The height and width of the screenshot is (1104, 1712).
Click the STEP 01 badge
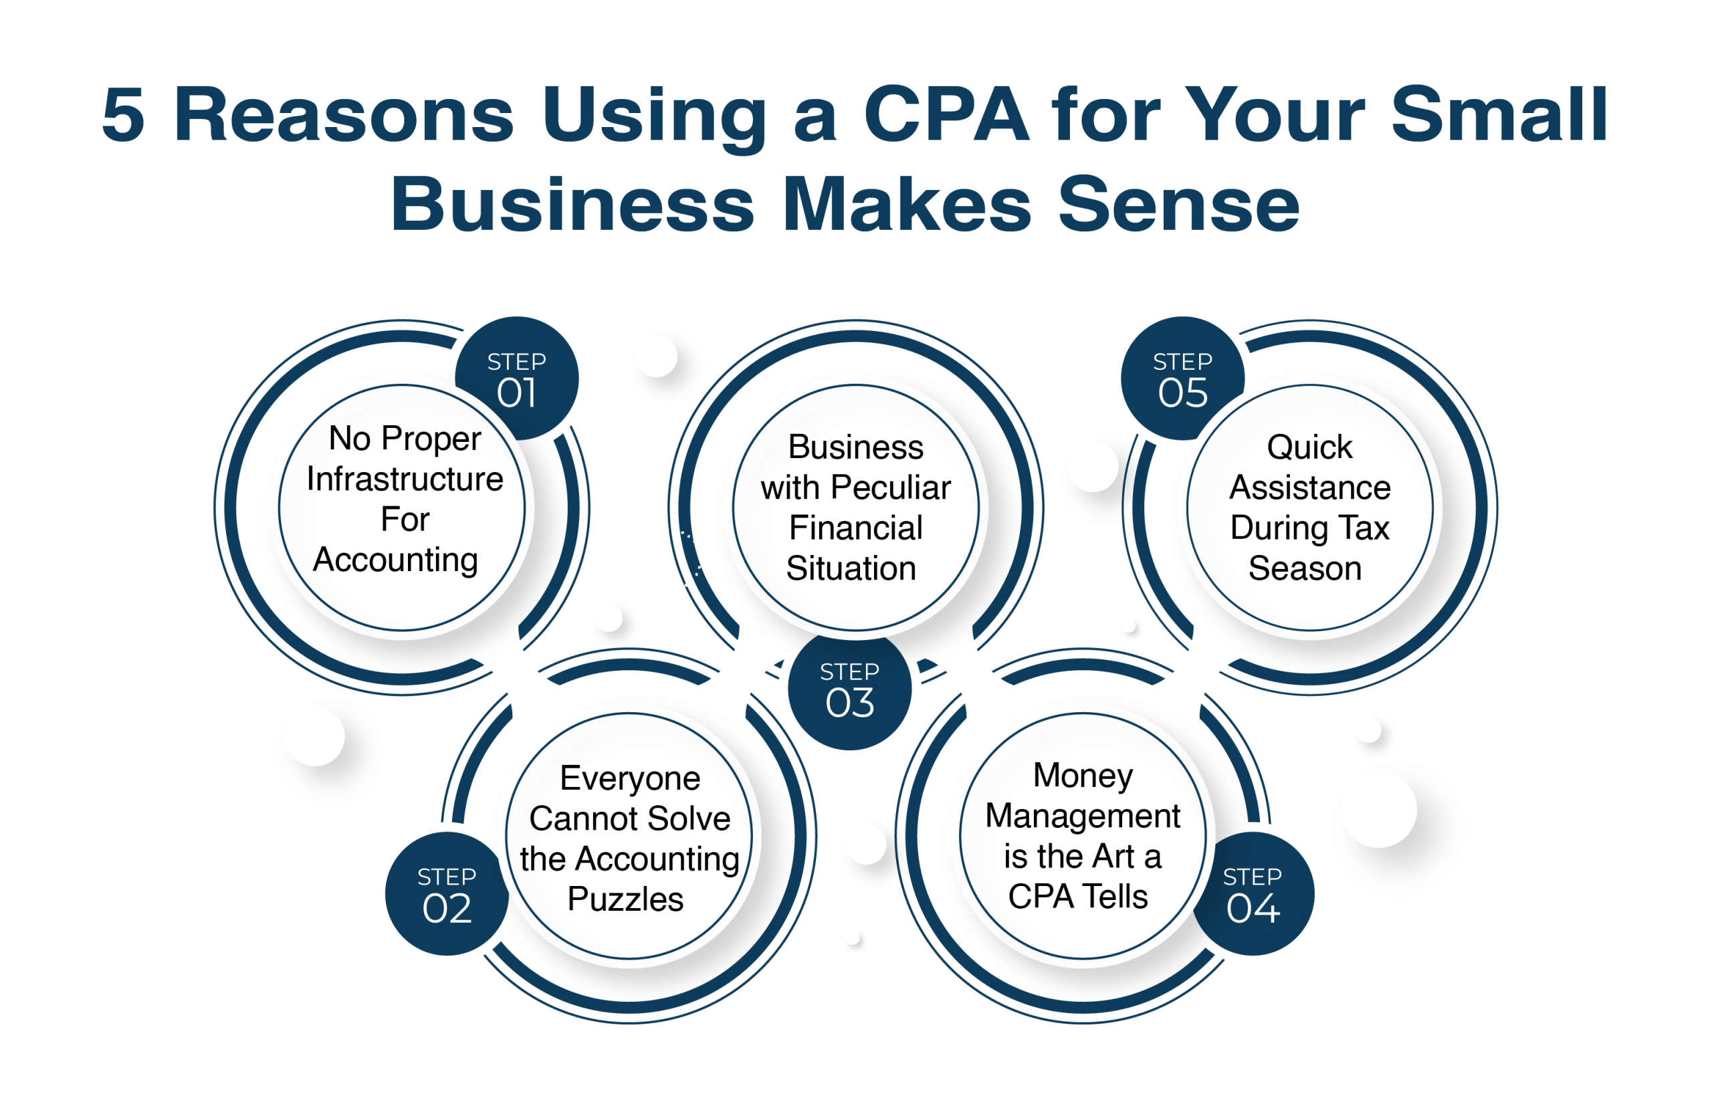pos(516,378)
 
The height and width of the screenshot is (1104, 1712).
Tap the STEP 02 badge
pos(447,894)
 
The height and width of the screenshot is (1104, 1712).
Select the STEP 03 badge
pos(849,689)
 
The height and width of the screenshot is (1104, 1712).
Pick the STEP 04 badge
pos(1253,894)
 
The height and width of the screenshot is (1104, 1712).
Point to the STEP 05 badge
pos(1182,378)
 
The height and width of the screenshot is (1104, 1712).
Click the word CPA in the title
pos(946,115)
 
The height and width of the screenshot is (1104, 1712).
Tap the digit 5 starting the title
pos(123,115)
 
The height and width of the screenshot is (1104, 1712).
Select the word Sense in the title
pos(1178,205)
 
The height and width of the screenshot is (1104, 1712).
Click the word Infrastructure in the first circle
pos(405,479)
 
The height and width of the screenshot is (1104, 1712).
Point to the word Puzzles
pos(625,899)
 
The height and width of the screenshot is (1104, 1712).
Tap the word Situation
pos(851,568)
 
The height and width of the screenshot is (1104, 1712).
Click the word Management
pos(1083,816)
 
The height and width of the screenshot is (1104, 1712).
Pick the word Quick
pos(1309,447)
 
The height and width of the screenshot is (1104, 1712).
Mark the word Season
pos(1305,568)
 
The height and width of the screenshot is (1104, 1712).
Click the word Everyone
pos(629,778)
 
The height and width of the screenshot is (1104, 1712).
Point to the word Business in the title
pos(572,205)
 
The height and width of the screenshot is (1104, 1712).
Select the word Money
pos(1083,776)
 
